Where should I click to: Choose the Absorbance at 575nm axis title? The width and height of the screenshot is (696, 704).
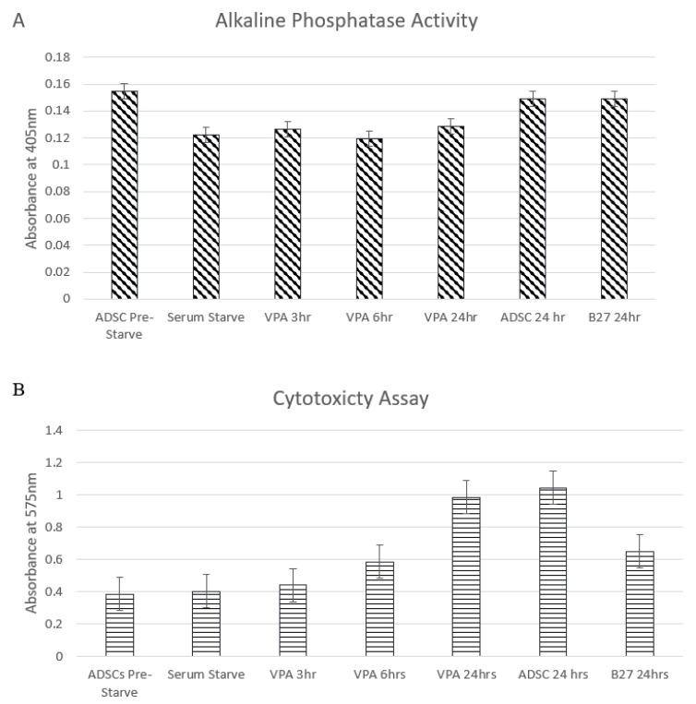(31, 543)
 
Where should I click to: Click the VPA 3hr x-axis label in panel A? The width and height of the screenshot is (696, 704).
(287, 317)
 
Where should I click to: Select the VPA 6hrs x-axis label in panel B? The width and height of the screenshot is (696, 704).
(378, 674)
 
